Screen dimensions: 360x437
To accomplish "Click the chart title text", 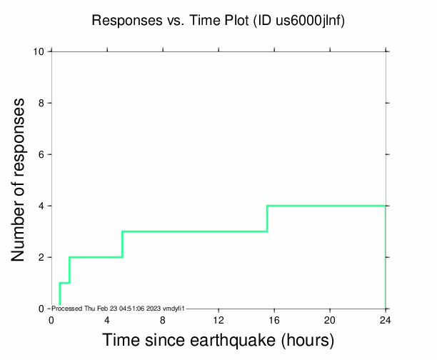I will pyautogui.click(x=218, y=21).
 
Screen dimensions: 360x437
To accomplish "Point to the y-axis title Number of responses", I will pyautogui.click(x=21, y=180).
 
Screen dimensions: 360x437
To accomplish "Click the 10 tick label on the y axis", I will pyautogui.click(x=39, y=51).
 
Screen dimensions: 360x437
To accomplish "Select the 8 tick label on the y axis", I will pyautogui.click(x=42, y=103).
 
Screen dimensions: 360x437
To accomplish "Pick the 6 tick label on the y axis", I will pyautogui.click(x=42, y=154).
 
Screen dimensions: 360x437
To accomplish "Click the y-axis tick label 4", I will pyautogui.click(x=42, y=206).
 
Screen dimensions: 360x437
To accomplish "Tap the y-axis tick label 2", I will pyautogui.click(x=42, y=257).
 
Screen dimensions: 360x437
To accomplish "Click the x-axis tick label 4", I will pyautogui.click(x=107, y=319).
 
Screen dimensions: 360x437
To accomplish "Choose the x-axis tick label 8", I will pyautogui.click(x=163, y=319).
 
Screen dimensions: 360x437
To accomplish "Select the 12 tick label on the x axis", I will pyautogui.click(x=218, y=319).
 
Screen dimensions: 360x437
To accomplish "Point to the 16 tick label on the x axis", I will pyautogui.click(x=274, y=319).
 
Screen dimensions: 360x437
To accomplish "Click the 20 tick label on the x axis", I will pyautogui.click(x=330, y=319).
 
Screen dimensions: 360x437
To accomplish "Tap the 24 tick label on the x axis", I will pyautogui.click(x=386, y=319).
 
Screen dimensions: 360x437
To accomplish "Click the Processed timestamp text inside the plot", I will pyautogui.click(x=119, y=308).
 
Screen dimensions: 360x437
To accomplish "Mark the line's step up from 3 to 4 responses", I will pyautogui.click(x=267, y=219).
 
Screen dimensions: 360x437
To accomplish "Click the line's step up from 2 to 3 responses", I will pyautogui.click(x=123, y=244).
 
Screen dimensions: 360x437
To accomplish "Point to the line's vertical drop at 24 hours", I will pyautogui.click(x=386, y=257).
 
